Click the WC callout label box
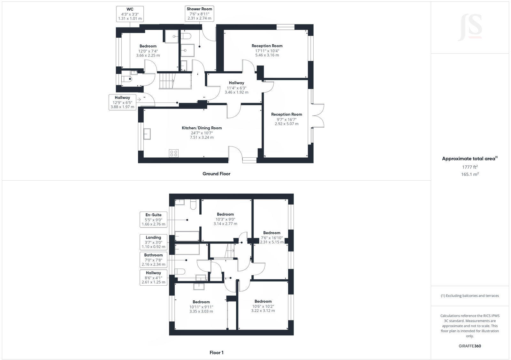(130, 14)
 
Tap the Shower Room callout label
(199, 14)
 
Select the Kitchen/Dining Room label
(202, 132)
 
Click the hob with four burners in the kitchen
(174, 153)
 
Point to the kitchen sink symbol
(147, 134)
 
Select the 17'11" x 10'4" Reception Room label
(267, 50)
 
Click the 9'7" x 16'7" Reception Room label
(286, 119)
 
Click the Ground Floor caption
(216, 174)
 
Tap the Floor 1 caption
(216, 353)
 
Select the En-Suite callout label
(153, 220)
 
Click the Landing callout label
(153, 242)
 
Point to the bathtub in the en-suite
(187, 236)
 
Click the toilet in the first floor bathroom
(180, 272)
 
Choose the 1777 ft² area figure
(470, 167)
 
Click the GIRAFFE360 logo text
(470, 346)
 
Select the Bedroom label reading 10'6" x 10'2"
(263, 306)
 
